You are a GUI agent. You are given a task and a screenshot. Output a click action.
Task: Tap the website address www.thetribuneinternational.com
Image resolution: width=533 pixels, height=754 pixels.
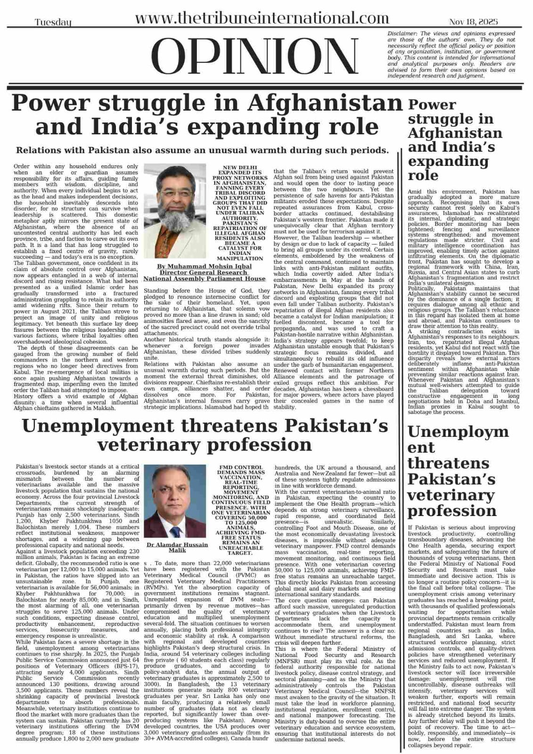[262, 18]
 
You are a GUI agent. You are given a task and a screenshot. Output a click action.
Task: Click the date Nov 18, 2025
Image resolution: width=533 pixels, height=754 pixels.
[473, 22]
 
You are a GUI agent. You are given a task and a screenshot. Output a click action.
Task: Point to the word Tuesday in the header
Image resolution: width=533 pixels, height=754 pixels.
[53, 22]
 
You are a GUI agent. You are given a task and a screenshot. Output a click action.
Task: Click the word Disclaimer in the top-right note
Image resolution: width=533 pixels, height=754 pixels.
[402, 33]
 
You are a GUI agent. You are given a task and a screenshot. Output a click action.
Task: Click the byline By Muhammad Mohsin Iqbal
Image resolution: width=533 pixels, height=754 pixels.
[204, 266]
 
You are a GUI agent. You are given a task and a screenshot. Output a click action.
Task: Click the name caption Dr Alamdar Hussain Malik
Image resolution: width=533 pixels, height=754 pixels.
[177, 547]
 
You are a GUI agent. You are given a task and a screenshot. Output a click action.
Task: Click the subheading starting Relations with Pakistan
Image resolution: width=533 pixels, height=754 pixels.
[202, 150]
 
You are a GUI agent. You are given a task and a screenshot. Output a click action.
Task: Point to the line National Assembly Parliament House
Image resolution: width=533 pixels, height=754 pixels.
[204, 278]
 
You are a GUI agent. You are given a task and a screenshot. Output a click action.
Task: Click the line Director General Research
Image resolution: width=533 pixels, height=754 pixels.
[204, 272]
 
